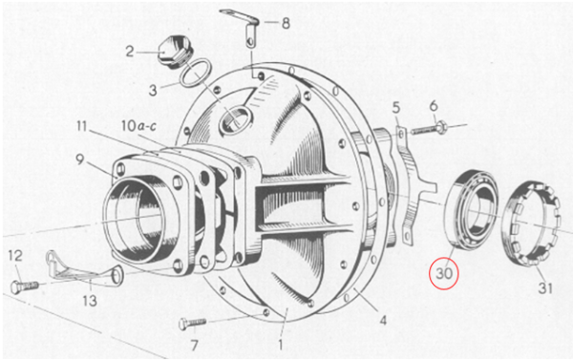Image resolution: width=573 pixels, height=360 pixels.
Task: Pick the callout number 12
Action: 15,255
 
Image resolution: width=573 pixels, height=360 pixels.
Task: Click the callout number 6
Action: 433,104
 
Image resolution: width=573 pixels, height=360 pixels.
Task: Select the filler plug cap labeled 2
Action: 175,48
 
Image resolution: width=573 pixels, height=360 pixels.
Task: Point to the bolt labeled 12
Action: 26,285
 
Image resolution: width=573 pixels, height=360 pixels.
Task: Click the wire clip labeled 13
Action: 81,271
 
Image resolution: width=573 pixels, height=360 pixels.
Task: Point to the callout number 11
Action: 83,126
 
